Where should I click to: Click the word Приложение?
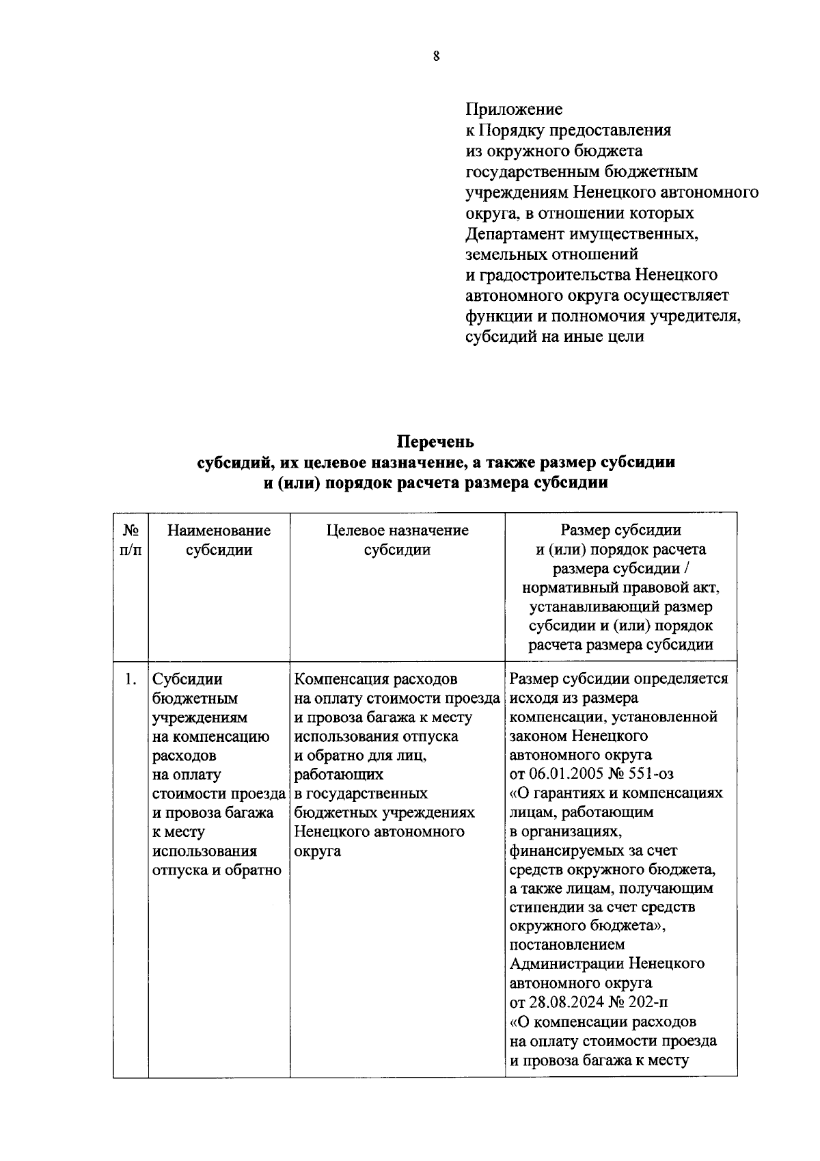pyautogui.click(x=513, y=109)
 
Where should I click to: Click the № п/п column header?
pyautogui.click(x=131, y=540)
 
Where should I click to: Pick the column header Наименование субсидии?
pyautogui.click(x=219, y=540)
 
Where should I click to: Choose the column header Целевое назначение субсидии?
pyautogui.click(x=397, y=540)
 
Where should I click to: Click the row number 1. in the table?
pyautogui.click(x=131, y=680)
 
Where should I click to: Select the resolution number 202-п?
pyautogui.click(x=651, y=1003)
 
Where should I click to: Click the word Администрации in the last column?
pyautogui.click(x=566, y=964)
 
